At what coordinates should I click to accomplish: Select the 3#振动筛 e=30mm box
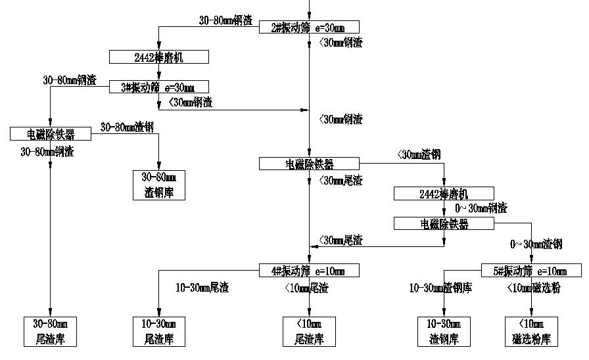pyautogui.click(x=158, y=87)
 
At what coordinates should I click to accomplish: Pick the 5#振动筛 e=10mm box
pyautogui.click(x=531, y=271)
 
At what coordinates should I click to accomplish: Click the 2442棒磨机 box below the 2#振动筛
pyautogui.click(x=158, y=58)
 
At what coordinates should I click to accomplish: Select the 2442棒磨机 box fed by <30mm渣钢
pyautogui.click(x=444, y=194)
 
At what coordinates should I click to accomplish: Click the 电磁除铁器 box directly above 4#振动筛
pyautogui.click(x=309, y=164)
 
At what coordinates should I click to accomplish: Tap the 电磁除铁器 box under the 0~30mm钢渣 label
pyautogui.click(x=444, y=224)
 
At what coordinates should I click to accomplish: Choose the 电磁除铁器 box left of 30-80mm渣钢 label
pyautogui.click(x=51, y=134)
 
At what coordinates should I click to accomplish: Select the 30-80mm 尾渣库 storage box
pyautogui.click(x=51, y=331)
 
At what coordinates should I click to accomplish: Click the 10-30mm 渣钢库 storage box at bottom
pyautogui.click(x=444, y=331)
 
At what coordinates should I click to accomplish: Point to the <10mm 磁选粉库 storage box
pyautogui.click(x=531, y=331)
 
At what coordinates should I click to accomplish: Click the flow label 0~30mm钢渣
pyautogui.click(x=481, y=209)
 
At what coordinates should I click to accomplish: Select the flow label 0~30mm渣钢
pyautogui.click(x=536, y=244)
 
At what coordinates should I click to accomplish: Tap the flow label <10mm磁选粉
pyautogui.click(x=534, y=288)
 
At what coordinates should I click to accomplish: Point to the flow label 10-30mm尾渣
pyautogui.click(x=202, y=288)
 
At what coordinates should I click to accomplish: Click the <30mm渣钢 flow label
pyautogui.click(x=419, y=155)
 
